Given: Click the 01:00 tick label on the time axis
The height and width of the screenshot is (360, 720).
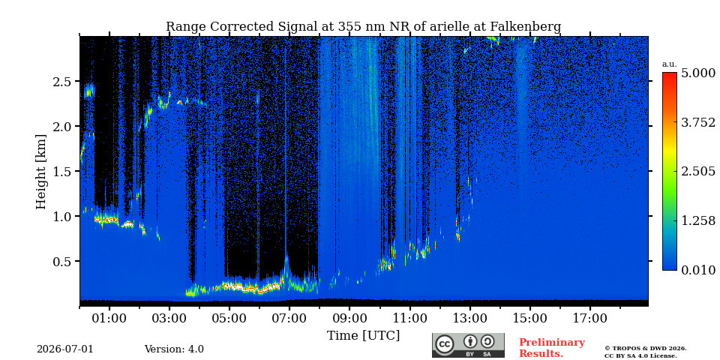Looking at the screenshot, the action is pyautogui.click(x=109, y=318).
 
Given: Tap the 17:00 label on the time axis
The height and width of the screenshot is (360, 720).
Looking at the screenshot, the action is pyautogui.click(x=590, y=318).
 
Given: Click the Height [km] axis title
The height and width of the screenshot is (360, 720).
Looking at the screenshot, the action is pyautogui.click(x=42, y=172).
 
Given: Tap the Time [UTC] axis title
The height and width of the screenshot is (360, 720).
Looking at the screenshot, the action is pyautogui.click(x=363, y=336).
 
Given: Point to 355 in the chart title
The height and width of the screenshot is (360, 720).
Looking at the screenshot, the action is pyautogui.click(x=350, y=27).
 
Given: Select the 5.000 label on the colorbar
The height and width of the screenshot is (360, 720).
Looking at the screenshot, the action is pyautogui.click(x=697, y=73).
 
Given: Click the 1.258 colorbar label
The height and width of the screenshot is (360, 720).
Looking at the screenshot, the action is pyautogui.click(x=697, y=220).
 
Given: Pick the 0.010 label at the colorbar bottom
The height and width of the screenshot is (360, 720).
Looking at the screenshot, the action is pyautogui.click(x=697, y=270).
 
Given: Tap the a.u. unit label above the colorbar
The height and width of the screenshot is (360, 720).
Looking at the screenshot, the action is pyautogui.click(x=670, y=64).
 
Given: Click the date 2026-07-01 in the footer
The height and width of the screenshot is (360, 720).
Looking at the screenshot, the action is pyautogui.click(x=65, y=349).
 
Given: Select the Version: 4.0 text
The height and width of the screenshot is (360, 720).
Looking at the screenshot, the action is pyautogui.click(x=174, y=349).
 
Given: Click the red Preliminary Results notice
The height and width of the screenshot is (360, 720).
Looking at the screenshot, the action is pyautogui.click(x=552, y=348).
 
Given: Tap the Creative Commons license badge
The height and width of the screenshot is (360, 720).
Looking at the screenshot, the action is pyautogui.click(x=468, y=345).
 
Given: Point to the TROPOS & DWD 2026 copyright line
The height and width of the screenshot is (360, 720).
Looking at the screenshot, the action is pyautogui.click(x=646, y=349).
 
